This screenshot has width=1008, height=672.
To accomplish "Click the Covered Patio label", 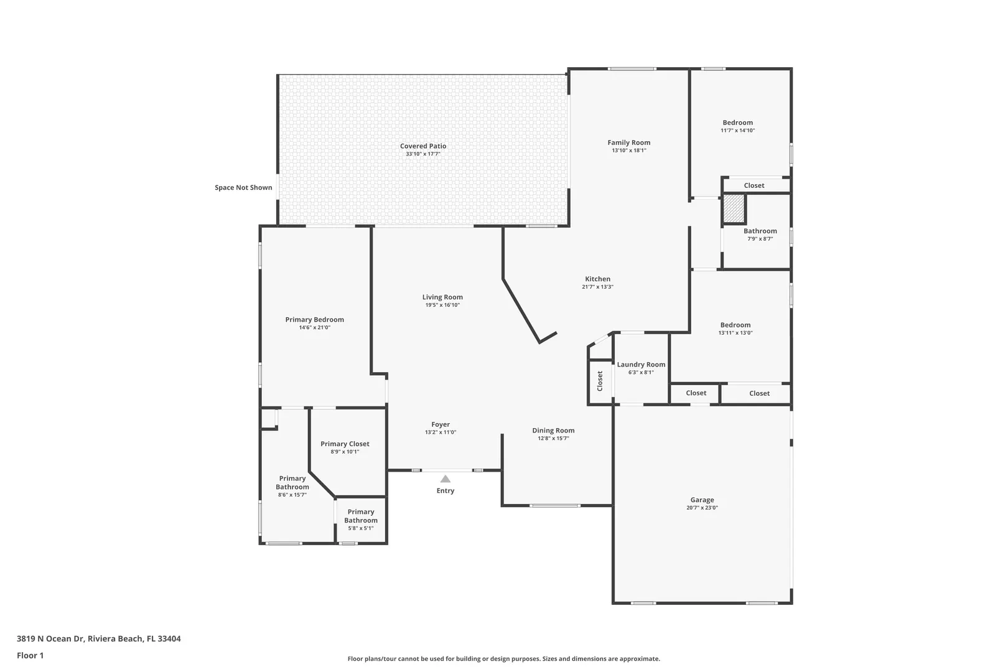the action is [423, 146].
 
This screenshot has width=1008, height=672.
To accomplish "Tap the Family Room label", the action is [628, 142].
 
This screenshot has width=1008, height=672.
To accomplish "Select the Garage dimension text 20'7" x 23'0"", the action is [702, 508].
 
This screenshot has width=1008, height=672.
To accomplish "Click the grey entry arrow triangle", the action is [445, 479].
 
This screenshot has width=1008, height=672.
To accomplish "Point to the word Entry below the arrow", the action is [445, 490].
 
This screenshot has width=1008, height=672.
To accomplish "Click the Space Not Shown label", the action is [243, 188].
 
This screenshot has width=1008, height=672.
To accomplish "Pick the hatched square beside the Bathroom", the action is [734, 208].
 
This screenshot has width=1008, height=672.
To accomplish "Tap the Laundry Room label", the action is [641, 365].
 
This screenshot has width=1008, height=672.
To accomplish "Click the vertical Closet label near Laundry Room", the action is [600, 381].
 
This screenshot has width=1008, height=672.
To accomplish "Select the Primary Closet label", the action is [345, 444].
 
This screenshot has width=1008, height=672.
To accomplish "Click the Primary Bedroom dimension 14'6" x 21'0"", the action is [315, 328].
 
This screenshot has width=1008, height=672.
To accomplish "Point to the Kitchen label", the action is [597, 279].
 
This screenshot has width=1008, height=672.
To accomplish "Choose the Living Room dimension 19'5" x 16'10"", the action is [442, 305].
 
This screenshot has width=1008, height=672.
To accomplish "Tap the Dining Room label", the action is [553, 431].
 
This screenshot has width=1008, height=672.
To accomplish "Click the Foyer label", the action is [441, 424].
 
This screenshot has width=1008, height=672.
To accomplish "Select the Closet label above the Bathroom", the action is [754, 185].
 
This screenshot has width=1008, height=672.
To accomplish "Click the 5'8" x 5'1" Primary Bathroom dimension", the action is [361, 528].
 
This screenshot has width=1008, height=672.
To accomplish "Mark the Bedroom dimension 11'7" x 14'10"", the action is [737, 131].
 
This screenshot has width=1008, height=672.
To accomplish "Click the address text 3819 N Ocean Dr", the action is [50, 638].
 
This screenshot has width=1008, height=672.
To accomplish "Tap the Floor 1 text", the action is [30, 655].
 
